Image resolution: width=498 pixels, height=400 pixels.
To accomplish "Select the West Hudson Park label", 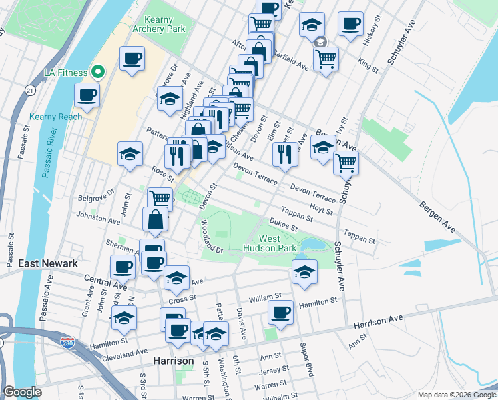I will pyautogui.click(x=278, y=243).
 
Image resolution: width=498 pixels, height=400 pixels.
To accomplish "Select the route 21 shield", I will pyautogui.click(x=30, y=90).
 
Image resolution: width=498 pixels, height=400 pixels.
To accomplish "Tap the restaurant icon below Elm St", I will pyautogui.click(x=284, y=153).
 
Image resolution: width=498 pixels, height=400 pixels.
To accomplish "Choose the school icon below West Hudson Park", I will pyautogui.click(x=304, y=271).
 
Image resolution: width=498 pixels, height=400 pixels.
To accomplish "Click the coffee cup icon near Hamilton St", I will pyautogui.click(x=280, y=312).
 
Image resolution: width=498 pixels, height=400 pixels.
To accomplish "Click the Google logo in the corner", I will pyautogui.click(x=23, y=392).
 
